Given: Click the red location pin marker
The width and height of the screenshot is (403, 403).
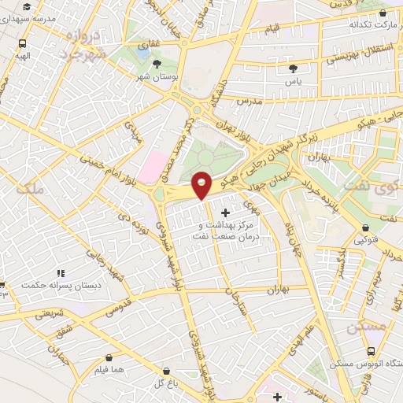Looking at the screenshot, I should [202, 184].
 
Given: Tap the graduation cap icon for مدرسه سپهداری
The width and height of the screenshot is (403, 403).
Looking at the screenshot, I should [28, 6].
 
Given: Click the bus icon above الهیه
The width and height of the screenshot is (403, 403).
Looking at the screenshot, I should [21, 44].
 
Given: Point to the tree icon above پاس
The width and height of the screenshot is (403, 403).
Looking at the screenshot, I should [294, 68].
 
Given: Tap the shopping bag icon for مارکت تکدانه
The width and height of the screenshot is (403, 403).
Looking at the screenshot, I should [383, 13].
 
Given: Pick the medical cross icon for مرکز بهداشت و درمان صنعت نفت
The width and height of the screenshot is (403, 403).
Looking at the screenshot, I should [227, 213].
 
